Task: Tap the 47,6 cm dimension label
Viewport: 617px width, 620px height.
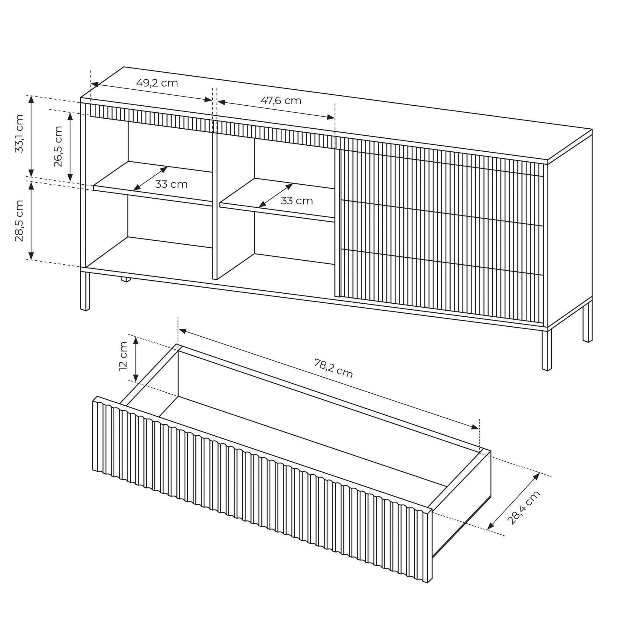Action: (x=281, y=101)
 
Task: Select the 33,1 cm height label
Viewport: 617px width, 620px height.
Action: (x=20, y=133)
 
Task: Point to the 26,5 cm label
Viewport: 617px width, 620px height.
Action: (x=58, y=146)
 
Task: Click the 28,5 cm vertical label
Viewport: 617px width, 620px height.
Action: (x=20, y=220)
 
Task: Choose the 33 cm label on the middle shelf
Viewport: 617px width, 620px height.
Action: (x=297, y=201)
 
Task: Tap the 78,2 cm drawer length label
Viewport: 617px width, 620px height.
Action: (x=333, y=368)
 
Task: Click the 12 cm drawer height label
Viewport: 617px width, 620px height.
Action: (x=123, y=356)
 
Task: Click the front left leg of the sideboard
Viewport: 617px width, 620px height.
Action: (x=85, y=292)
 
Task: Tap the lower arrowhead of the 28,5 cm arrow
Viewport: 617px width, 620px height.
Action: (x=31, y=256)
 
